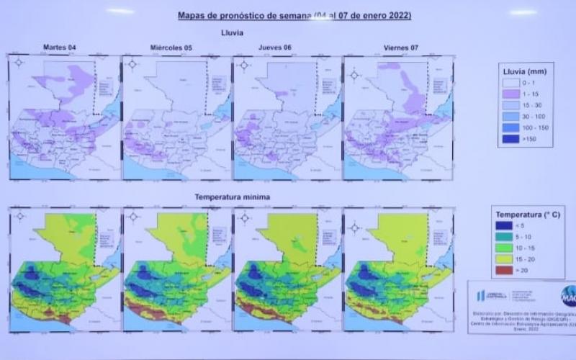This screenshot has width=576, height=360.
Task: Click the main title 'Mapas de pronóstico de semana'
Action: pyautogui.click(x=245, y=14)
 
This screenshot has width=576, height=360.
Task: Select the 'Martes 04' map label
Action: pyautogui.click(x=60, y=48)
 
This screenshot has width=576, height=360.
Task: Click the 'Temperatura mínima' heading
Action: pyautogui.click(x=232, y=197)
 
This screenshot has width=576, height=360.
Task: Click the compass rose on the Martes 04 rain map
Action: pyautogui.click(x=19, y=64)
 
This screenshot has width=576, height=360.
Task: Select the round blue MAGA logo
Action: pyautogui.click(x=567, y=296)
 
